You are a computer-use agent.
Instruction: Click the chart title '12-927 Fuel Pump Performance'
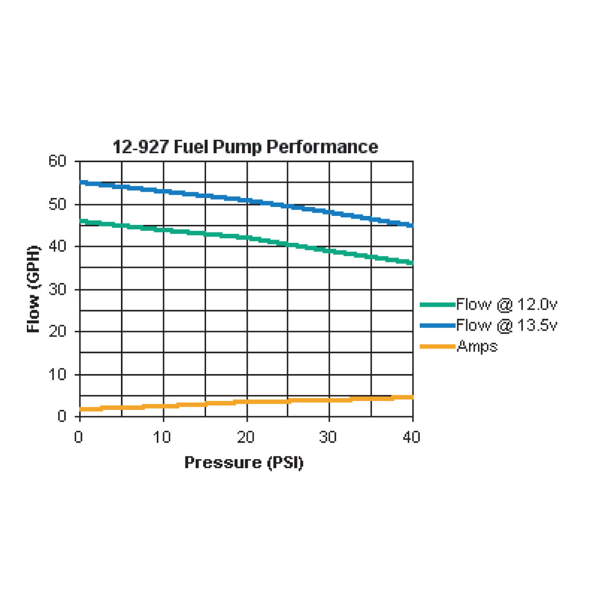coord(245,147)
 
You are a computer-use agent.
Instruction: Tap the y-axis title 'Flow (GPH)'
coord(34,289)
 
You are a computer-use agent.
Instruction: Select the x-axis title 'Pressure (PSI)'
coord(244,462)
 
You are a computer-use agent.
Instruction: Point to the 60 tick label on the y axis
coord(57,161)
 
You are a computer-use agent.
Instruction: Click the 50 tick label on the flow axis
coord(57,204)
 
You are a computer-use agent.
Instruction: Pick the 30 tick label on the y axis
coord(57,289)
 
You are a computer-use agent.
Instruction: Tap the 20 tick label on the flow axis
coord(57,332)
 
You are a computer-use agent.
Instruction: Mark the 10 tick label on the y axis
coord(57,374)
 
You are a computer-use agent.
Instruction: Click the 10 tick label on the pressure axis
coord(162,437)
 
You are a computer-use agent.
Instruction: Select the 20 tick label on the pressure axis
coord(245,437)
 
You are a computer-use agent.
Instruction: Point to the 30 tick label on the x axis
coord(328,437)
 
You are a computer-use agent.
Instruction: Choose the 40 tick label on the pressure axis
coord(411,437)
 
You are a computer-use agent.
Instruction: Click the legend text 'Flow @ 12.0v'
coord(507,305)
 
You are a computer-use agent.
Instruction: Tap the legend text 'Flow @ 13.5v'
coord(507,325)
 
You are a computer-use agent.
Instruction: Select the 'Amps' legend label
coord(477,346)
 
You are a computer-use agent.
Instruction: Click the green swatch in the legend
coord(437,305)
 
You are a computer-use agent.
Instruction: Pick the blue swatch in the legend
coord(437,325)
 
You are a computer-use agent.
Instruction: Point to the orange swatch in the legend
coord(437,346)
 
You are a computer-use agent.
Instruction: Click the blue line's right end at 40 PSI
coord(412,225)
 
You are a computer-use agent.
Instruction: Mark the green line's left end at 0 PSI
coord(80,221)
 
